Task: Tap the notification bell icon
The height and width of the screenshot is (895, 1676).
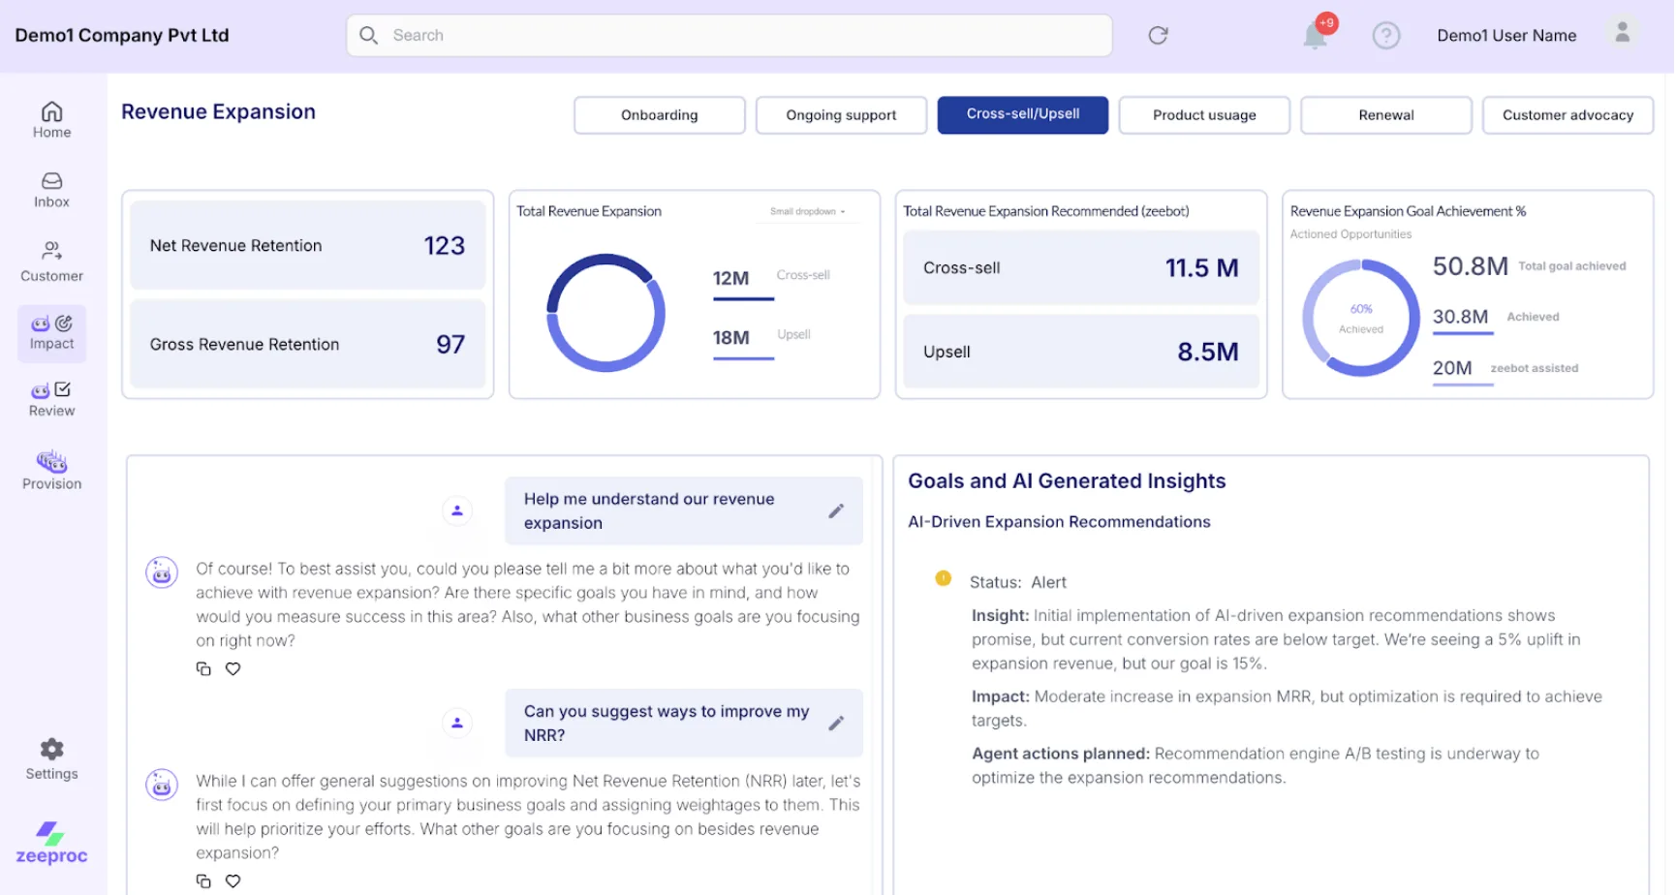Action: coord(1315,37)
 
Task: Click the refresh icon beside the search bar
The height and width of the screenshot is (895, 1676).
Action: coord(1158,36)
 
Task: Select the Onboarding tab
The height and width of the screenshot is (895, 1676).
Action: coord(659,115)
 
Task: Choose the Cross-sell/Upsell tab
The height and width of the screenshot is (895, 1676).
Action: coord(1022,114)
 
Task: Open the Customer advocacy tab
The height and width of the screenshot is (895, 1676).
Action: coord(1567,115)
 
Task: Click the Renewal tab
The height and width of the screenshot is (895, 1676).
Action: coord(1385,115)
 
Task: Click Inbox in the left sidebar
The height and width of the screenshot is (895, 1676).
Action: coord(51,190)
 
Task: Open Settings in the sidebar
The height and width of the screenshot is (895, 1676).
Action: coord(51,758)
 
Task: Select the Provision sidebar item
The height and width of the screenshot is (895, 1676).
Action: coord(51,470)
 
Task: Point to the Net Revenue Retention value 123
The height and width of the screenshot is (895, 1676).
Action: coord(444,246)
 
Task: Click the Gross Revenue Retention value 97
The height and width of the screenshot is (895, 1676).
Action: coord(450,345)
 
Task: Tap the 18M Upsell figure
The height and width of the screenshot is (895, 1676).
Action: coord(731,338)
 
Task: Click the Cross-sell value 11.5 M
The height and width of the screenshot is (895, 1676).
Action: coord(1201,268)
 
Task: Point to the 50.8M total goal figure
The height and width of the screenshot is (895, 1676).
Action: coord(1470,266)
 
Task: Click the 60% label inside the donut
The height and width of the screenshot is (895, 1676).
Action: coord(1361,309)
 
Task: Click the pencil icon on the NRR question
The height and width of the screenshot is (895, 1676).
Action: coord(836,723)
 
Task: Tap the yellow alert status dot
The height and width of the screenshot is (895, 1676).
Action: coord(943,578)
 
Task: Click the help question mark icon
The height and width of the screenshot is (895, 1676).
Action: coord(1386,36)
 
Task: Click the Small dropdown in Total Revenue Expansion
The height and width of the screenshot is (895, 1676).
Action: coord(807,211)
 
